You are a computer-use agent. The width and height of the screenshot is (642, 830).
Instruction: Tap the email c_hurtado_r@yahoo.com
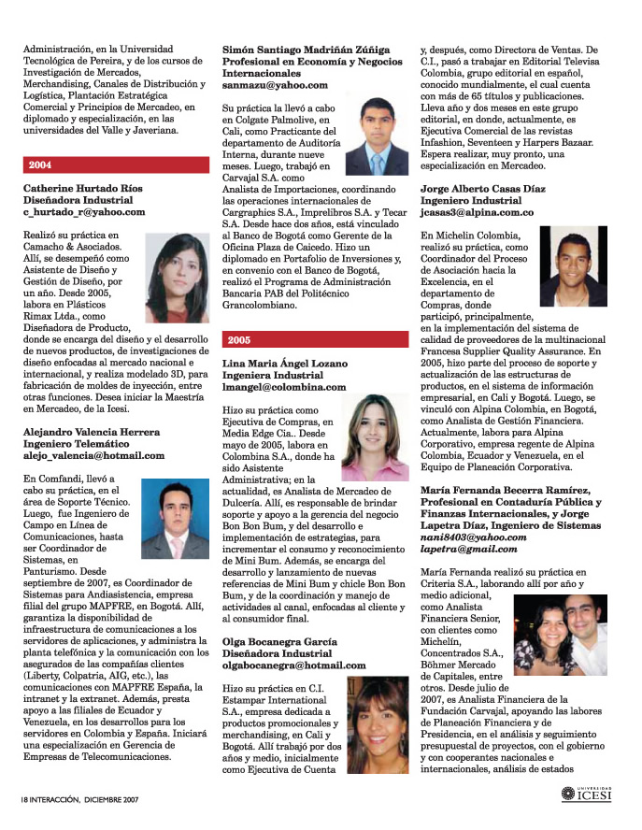click(84, 212)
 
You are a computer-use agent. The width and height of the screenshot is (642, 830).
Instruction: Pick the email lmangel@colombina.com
click(284, 386)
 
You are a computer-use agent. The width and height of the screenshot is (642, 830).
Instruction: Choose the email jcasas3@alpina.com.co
click(478, 212)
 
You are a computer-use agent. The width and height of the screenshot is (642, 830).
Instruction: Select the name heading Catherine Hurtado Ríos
click(83, 188)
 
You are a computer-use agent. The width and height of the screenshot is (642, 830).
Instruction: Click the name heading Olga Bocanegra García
click(281, 640)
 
